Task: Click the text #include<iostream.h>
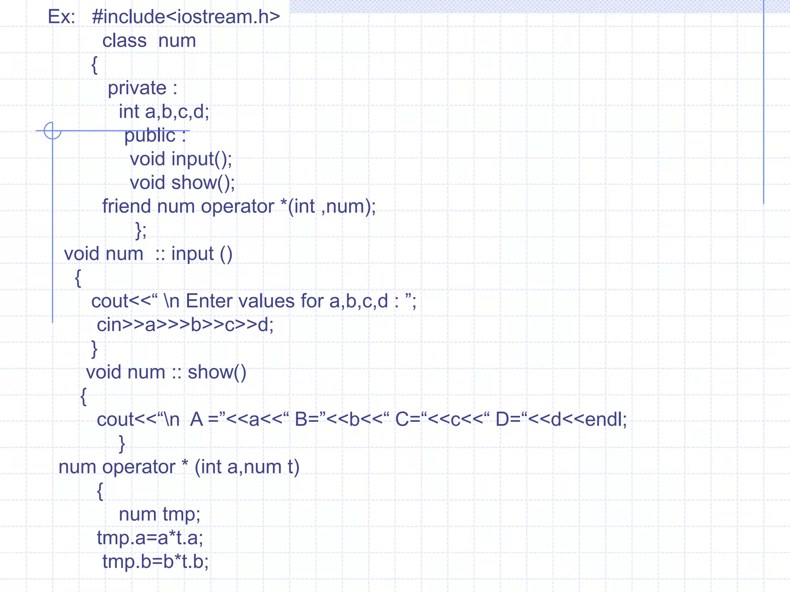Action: click(186, 17)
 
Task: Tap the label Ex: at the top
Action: click(61, 17)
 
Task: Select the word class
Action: click(124, 41)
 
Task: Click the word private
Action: click(137, 88)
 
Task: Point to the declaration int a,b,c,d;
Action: click(164, 112)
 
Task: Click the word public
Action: click(150, 136)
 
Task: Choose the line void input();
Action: click(181, 159)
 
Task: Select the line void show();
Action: click(182, 183)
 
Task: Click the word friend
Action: click(126, 206)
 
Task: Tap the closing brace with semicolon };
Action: click(141, 230)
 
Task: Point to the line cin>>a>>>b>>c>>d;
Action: click(185, 325)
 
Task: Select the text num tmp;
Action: click(159, 514)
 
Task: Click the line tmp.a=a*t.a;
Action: click(150, 538)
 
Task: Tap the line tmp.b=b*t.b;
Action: click(155, 562)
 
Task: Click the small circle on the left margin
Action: click(52, 131)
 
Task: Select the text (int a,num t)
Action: click(247, 467)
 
